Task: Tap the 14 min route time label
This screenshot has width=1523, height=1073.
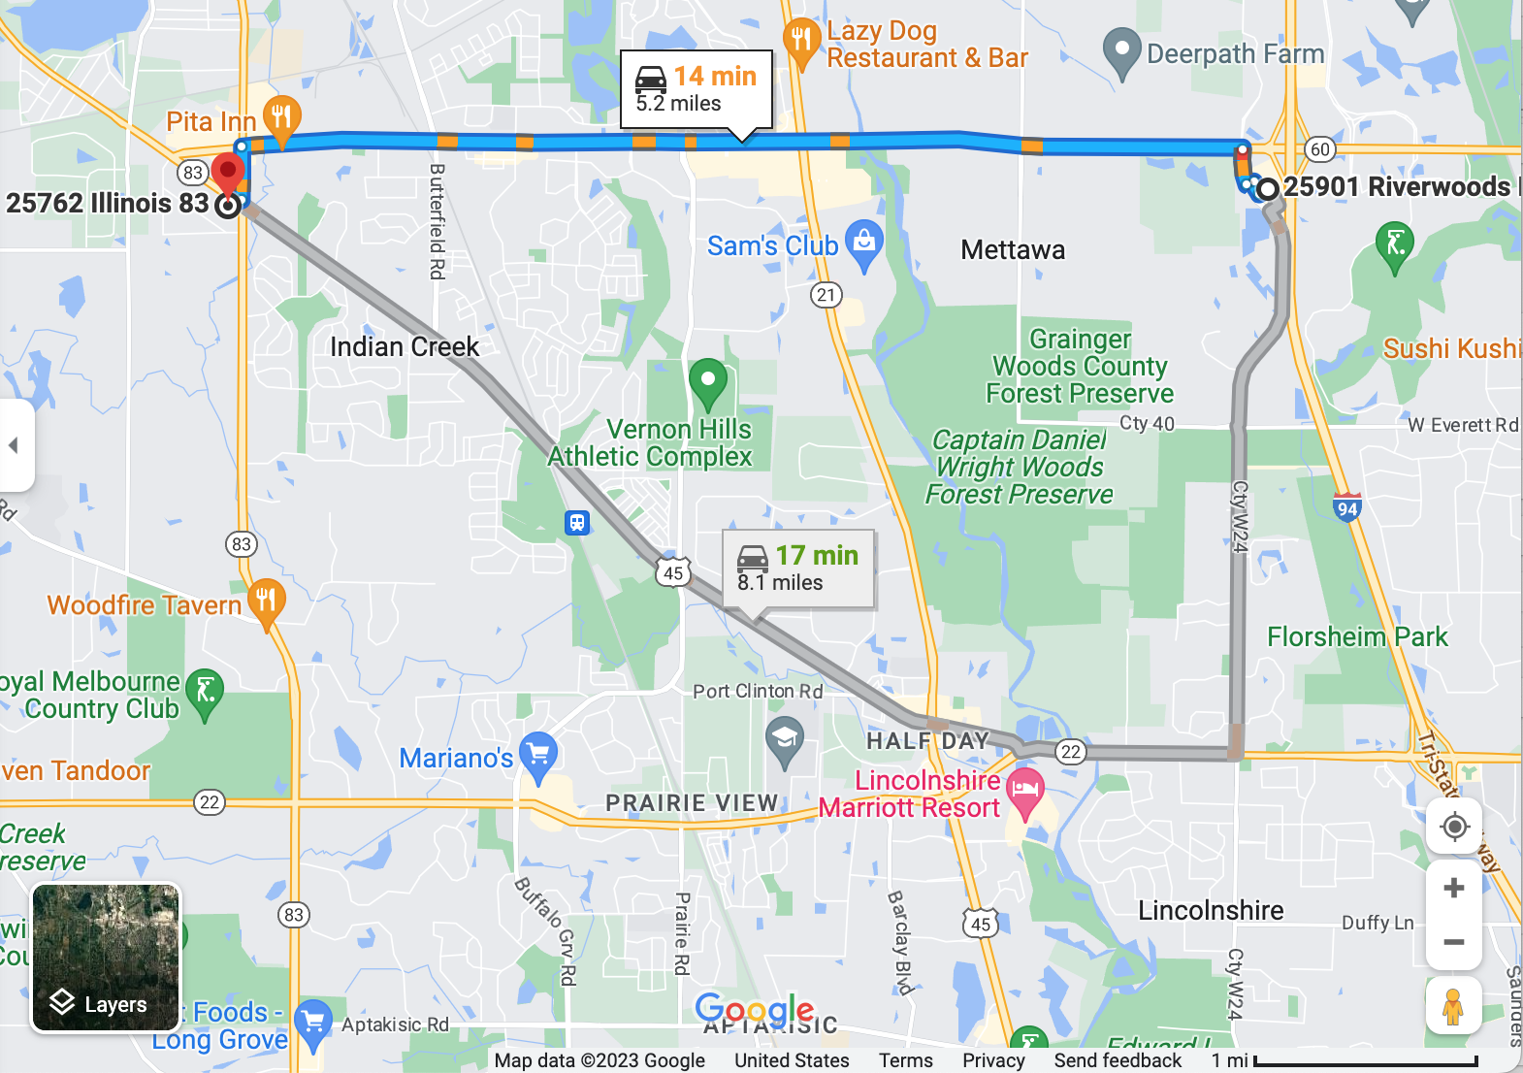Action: (715, 77)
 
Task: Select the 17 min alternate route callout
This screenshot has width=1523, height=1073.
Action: (798, 569)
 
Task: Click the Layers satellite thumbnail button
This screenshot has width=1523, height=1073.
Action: (106, 957)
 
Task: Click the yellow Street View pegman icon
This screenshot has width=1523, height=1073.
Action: (1452, 1007)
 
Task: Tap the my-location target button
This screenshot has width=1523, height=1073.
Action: (1453, 828)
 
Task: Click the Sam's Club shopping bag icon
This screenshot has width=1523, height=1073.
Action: (863, 243)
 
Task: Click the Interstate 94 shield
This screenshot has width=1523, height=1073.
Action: (1346, 507)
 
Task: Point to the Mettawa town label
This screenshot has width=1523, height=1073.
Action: (1013, 250)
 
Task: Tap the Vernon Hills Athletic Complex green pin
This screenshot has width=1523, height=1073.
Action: (707, 382)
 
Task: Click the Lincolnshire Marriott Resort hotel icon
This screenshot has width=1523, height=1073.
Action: (1025, 790)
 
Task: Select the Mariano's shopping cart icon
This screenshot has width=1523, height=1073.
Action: (538, 754)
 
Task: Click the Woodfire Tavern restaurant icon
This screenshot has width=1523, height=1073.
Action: (266, 602)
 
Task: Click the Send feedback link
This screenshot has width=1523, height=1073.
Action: (1118, 1060)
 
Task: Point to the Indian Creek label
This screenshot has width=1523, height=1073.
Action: (405, 347)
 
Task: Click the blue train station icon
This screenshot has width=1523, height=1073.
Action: (577, 523)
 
